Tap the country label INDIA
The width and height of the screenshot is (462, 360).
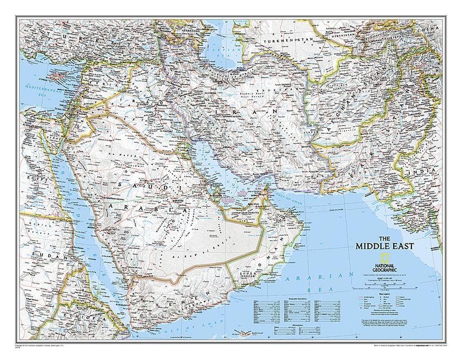click(x=426, y=171)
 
